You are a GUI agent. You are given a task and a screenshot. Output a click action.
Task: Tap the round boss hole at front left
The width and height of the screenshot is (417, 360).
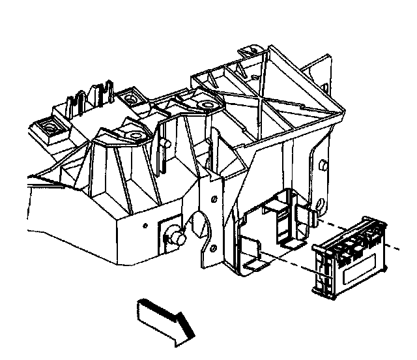(x=135, y=136)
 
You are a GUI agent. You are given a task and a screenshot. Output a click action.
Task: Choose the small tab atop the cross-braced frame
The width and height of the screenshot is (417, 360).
(x=250, y=51)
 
